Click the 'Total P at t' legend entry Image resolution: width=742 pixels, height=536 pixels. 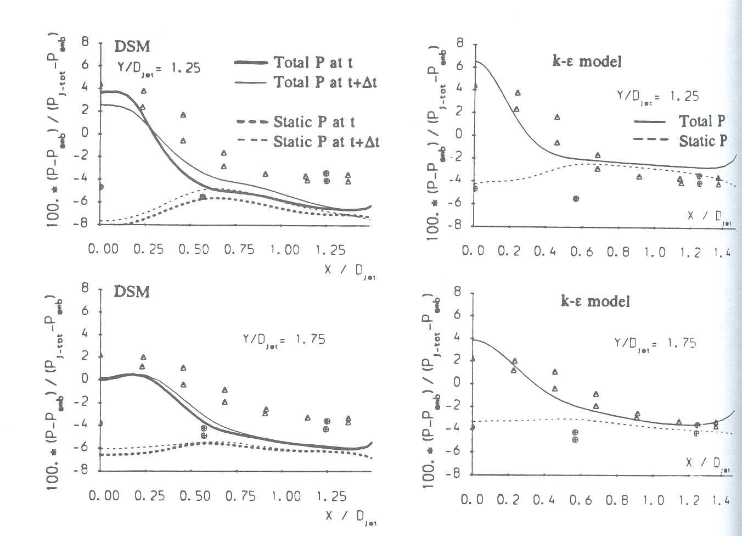(313, 63)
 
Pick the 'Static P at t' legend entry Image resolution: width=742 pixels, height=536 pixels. (314, 122)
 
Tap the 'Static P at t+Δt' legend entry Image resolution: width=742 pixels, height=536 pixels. (326, 142)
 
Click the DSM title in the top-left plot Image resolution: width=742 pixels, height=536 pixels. (132, 47)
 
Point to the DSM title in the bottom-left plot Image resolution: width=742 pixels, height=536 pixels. (132, 292)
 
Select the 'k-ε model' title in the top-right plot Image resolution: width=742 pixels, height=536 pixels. (587, 61)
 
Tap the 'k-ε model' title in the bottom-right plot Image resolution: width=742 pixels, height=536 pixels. (595, 301)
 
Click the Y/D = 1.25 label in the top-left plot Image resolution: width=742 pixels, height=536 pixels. (159, 69)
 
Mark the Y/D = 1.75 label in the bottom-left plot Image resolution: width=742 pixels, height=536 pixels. (284, 339)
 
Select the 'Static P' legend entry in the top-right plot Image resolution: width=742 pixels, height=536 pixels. (702, 141)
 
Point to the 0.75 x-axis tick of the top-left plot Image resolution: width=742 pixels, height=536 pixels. (240, 249)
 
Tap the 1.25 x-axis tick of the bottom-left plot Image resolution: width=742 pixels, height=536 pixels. (331, 496)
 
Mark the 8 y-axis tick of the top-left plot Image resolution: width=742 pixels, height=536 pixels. (85, 42)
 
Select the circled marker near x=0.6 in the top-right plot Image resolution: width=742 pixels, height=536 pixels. (576, 198)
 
